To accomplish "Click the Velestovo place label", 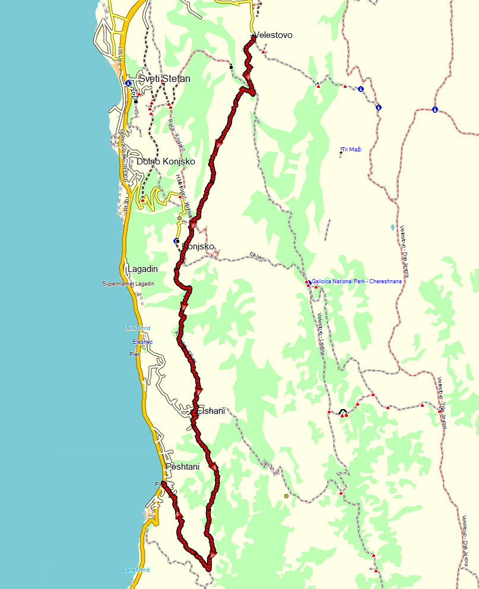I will point(274,36).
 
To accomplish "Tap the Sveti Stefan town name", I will point(165,78).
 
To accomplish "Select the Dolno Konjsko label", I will point(166,161).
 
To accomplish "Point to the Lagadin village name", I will point(142,269).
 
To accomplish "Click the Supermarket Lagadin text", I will point(128,284).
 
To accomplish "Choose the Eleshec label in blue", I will point(142,342).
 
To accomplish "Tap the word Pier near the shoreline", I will point(135,354).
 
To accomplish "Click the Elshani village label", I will point(211,410).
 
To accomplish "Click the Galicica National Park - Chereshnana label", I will point(356,281).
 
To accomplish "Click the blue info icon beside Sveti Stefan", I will point(128,83).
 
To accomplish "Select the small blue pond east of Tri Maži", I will point(392,227).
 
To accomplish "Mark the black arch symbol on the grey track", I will point(342,411).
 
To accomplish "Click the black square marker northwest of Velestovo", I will point(231,67).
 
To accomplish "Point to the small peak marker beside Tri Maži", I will point(341,153).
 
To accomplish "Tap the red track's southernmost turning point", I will point(208,569).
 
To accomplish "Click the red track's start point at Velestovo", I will point(252,37).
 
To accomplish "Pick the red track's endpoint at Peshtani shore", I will point(163,484).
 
